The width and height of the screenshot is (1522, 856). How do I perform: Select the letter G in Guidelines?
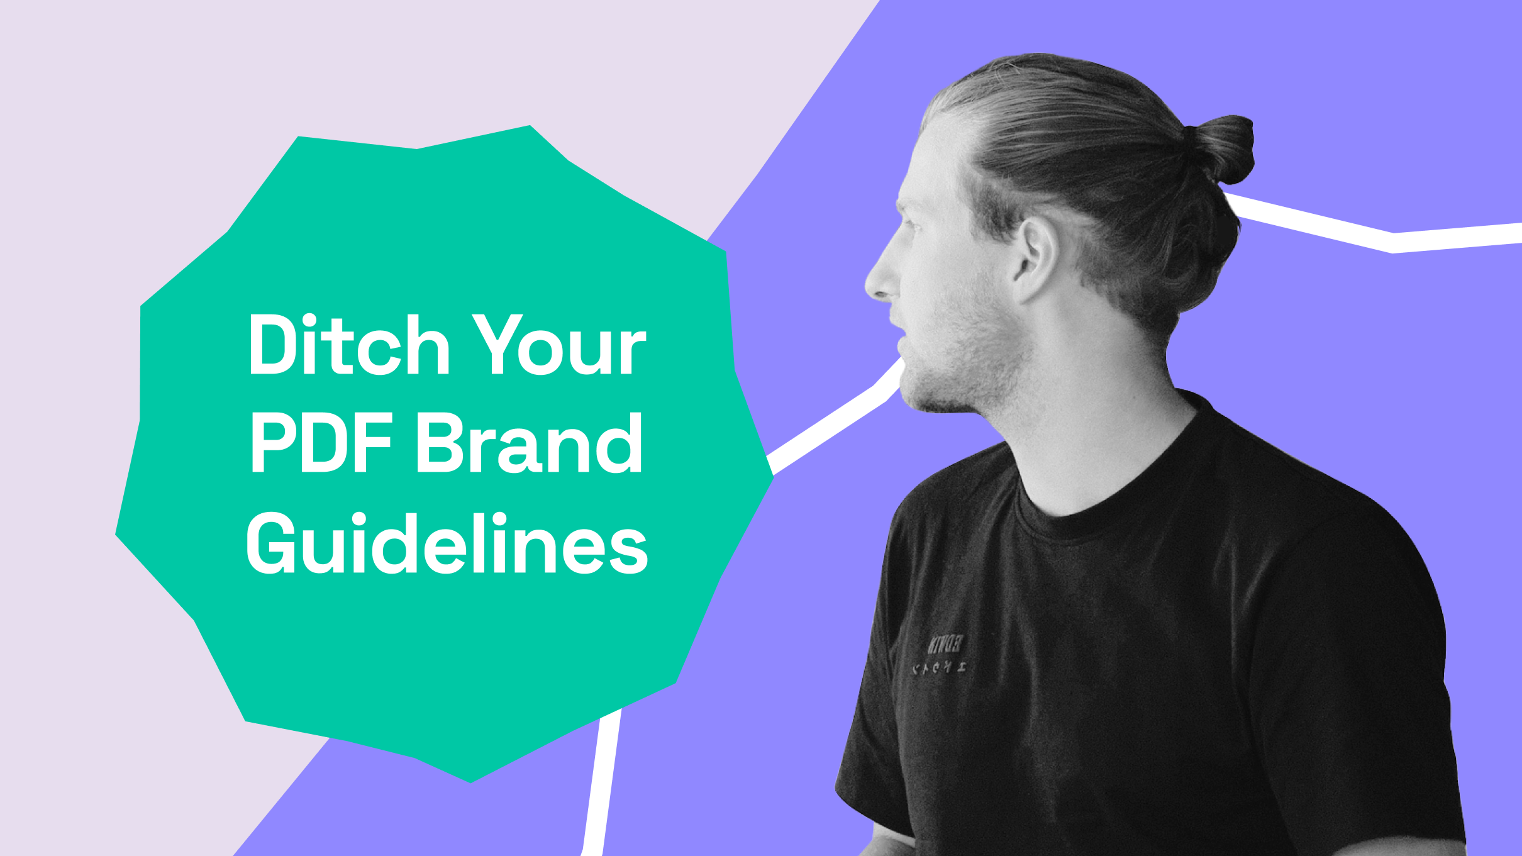272,544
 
